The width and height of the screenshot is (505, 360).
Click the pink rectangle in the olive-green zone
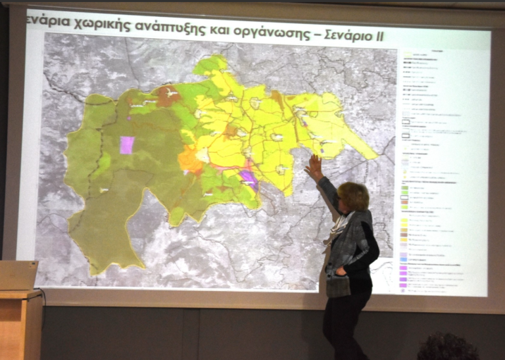127,145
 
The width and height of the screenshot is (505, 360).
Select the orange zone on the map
190,160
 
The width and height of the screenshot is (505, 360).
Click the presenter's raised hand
314,165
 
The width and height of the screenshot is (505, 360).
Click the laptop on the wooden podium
18,275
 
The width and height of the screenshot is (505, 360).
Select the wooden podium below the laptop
20,325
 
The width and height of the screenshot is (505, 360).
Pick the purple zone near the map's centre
248,177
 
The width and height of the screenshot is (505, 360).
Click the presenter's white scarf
337,230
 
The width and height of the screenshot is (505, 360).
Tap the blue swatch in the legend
404,260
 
